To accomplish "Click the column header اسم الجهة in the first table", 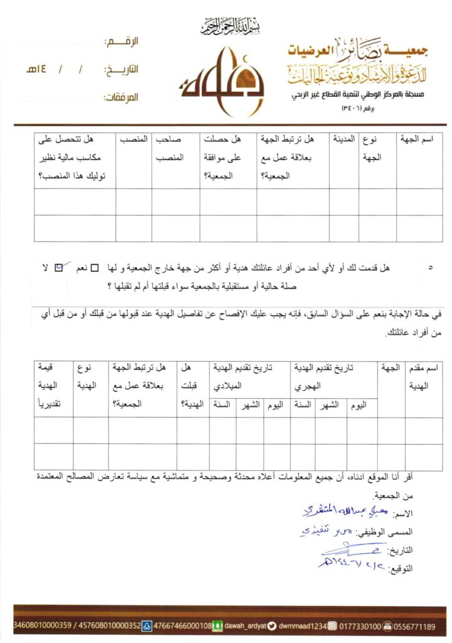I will (419, 139).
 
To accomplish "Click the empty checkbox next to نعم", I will (95, 269).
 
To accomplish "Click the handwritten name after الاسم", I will (336, 511).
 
